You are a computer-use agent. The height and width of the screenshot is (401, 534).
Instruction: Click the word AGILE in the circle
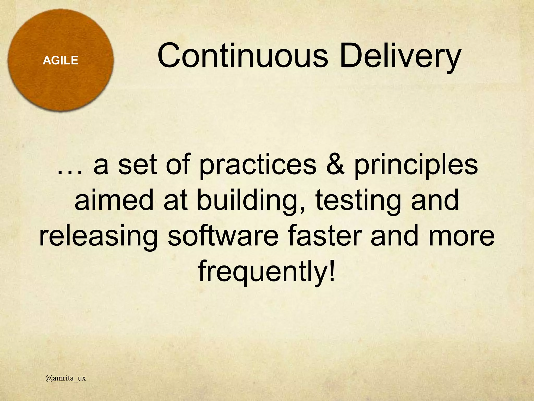tap(60, 61)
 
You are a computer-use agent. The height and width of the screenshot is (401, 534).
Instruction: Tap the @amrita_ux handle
tap(65, 378)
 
